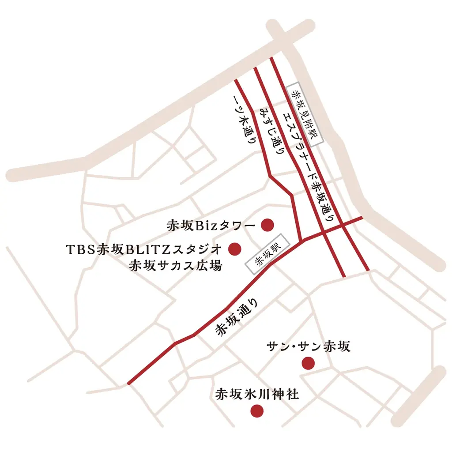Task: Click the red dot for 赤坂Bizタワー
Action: click(x=267, y=226)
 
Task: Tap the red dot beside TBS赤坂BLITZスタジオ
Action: click(x=234, y=249)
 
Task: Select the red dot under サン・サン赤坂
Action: click(x=308, y=363)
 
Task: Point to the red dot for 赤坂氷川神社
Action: click(x=257, y=411)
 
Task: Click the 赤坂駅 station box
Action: click(x=266, y=255)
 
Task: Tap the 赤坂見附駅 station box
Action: click(x=305, y=114)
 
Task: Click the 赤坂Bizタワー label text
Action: click(x=211, y=226)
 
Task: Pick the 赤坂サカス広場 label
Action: click(x=175, y=266)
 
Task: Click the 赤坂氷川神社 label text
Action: click(x=257, y=394)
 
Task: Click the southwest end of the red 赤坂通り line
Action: click(x=128, y=383)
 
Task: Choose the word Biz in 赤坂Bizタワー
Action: click(x=205, y=226)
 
